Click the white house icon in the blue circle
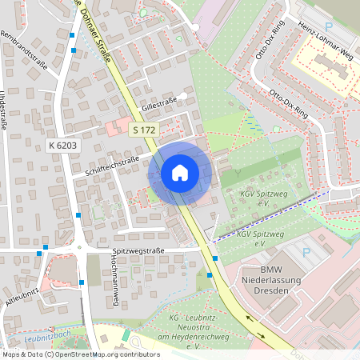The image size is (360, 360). point(180,173)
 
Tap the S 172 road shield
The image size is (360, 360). point(144,130)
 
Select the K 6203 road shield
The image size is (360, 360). point(62,145)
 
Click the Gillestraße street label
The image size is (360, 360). point(158,105)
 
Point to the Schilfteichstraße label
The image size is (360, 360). point(111,165)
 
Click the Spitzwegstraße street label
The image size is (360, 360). point(138,250)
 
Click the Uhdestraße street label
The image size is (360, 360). point(6,111)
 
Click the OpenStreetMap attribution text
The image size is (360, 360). point(81,354)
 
